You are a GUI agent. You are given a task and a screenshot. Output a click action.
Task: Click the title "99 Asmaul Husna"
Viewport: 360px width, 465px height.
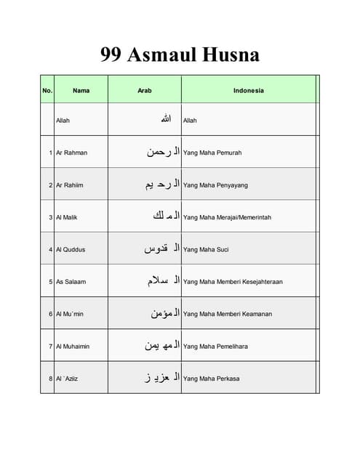pyautogui.click(x=180, y=55)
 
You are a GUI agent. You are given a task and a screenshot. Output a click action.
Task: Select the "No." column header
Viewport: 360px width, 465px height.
pyautogui.click(x=47, y=91)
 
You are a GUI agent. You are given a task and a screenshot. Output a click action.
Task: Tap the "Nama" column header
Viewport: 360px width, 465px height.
pyautogui.click(x=81, y=91)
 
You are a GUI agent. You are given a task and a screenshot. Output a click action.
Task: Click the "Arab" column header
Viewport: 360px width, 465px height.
pyautogui.click(x=145, y=91)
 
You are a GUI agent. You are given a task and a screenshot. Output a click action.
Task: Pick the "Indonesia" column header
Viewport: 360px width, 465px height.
pyautogui.click(x=249, y=91)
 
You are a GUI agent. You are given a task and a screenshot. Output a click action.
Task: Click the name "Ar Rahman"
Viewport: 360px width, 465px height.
pyautogui.click(x=71, y=153)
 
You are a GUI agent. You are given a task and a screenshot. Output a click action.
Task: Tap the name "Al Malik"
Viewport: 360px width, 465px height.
pyautogui.click(x=68, y=217)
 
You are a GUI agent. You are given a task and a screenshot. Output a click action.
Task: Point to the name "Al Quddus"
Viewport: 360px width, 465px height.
pyautogui.click(x=71, y=249)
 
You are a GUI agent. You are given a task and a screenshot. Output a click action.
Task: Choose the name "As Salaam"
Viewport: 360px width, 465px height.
pyautogui.click(x=71, y=282)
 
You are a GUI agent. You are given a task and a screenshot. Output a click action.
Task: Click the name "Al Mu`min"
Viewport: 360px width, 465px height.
pyautogui.click(x=70, y=314)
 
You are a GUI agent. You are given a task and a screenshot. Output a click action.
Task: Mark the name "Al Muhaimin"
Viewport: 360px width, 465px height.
pyautogui.click(x=73, y=347)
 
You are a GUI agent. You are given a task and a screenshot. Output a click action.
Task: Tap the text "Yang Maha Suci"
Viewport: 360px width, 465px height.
pyautogui.click(x=206, y=249)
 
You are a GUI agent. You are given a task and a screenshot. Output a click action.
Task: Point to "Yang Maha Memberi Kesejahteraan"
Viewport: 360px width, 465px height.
pyautogui.click(x=233, y=282)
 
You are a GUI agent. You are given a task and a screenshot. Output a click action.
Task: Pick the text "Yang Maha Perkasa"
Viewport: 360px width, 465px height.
pyautogui.click(x=211, y=379)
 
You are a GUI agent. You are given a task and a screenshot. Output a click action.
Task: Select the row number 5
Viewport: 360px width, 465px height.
pyautogui.click(x=51, y=282)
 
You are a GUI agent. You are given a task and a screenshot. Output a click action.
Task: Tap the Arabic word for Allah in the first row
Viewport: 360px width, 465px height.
pyautogui.click(x=166, y=119)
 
